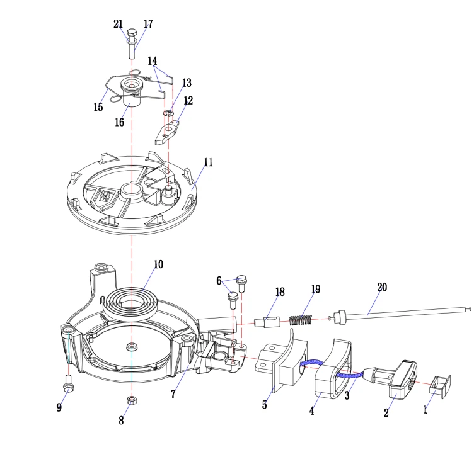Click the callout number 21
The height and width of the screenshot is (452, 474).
click(x=118, y=24)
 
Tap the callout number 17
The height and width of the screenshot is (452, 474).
click(x=148, y=24)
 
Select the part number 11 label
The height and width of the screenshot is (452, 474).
click(x=208, y=162)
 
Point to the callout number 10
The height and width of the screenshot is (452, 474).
click(x=158, y=264)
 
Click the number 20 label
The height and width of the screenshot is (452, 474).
click(x=382, y=288)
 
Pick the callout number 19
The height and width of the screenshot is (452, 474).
click(x=315, y=290)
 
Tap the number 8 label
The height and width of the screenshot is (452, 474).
click(x=121, y=420)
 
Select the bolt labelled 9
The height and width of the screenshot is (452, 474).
click(x=67, y=382)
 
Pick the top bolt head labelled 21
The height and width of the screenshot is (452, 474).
click(x=132, y=32)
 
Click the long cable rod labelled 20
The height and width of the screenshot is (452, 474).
click(x=403, y=312)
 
